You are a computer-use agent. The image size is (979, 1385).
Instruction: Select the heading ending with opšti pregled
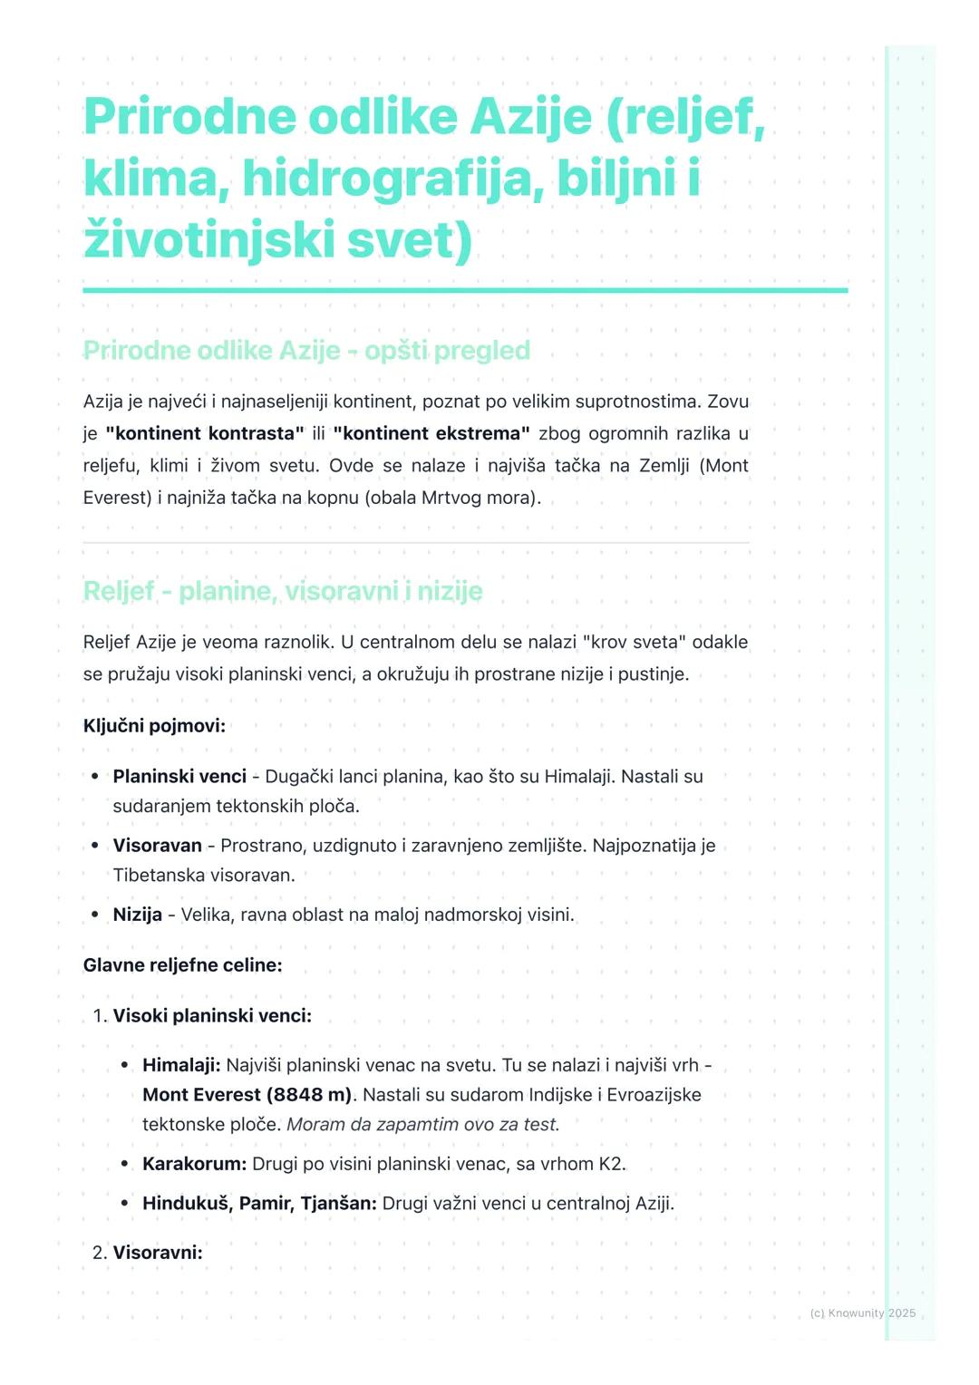(x=306, y=351)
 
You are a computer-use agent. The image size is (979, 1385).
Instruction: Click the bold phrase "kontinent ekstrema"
(x=431, y=433)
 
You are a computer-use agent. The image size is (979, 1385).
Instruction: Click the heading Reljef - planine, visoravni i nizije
(x=283, y=591)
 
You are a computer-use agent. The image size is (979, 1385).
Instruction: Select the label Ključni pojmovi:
(x=154, y=726)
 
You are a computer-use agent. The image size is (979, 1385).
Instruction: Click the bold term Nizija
(x=137, y=915)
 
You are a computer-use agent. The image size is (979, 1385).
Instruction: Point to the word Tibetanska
(x=159, y=875)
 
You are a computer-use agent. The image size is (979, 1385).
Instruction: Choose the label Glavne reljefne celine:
(x=182, y=965)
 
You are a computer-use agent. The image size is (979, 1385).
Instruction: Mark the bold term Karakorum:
(x=194, y=1164)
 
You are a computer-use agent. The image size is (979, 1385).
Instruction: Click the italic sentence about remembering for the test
(x=423, y=1125)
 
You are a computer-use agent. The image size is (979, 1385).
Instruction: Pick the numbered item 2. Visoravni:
(x=148, y=1253)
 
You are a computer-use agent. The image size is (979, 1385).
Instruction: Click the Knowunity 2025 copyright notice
(x=862, y=1312)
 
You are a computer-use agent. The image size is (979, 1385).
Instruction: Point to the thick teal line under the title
(x=465, y=290)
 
